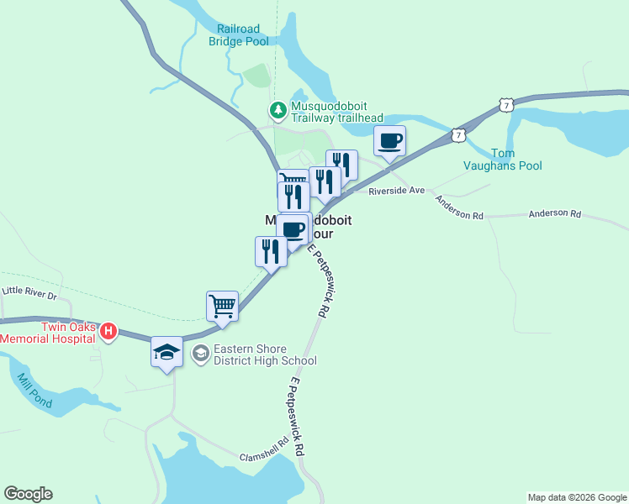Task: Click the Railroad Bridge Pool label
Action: [x=238, y=34]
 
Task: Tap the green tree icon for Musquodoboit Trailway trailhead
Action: [x=277, y=110]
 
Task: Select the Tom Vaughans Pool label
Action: [x=503, y=159]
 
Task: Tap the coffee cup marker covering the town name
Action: [x=293, y=228]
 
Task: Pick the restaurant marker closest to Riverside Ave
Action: [x=342, y=164]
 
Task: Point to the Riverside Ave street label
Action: [x=397, y=192]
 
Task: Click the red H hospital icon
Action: [x=108, y=332]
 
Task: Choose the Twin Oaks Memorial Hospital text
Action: [x=49, y=332]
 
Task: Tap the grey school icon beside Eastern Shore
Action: [x=200, y=354]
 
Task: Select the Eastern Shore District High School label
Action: [x=264, y=354]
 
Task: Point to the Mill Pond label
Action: [x=34, y=391]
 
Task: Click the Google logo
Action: [x=28, y=494]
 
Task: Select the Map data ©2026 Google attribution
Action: [x=576, y=497]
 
